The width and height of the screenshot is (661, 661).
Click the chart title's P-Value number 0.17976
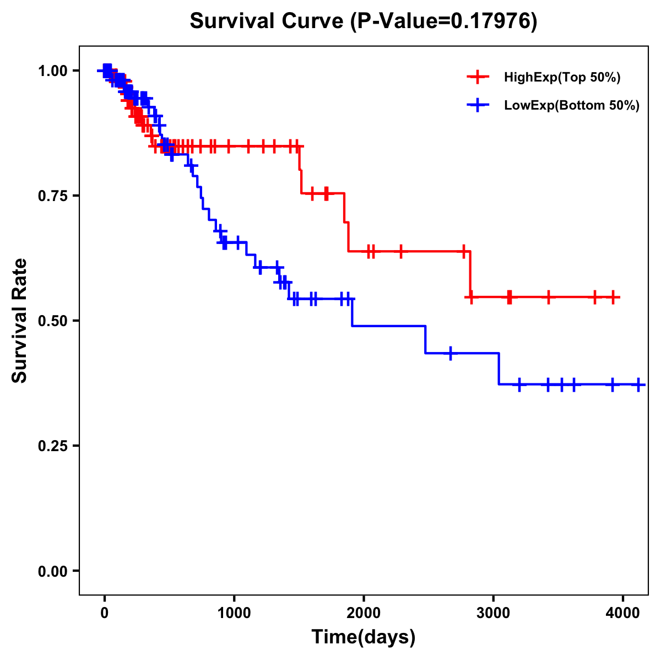tap(492, 21)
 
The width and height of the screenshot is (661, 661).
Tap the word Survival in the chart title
tap(233, 21)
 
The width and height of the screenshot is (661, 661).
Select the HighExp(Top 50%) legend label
tap(562, 78)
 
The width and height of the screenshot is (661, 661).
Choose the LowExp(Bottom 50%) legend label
tap(572, 106)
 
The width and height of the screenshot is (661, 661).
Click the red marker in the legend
tap(478, 77)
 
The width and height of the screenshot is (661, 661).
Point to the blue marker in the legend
tap(478, 105)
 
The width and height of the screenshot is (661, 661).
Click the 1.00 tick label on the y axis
tap(52, 71)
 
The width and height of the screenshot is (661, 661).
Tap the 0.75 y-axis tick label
tap(52, 196)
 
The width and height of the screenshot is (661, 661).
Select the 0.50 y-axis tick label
tap(52, 321)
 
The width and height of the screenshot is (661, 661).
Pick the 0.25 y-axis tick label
tap(52, 446)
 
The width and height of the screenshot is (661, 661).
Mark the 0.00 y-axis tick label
tap(52, 571)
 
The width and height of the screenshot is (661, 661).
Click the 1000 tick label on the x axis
tap(234, 611)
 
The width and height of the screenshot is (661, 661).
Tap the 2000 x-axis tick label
tap(364, 611)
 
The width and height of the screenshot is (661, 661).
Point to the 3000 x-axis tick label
tap(493, 611)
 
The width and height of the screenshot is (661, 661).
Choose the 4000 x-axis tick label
tap(622, 611)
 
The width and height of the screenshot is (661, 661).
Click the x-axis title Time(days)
tap(364, 637)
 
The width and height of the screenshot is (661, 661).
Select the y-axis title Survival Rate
tap(20, 320)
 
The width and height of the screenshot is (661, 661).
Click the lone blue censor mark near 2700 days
tap(451, 353)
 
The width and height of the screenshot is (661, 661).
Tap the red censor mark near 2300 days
tap(400, 251)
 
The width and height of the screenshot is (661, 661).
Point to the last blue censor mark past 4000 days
tap(638, 384)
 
